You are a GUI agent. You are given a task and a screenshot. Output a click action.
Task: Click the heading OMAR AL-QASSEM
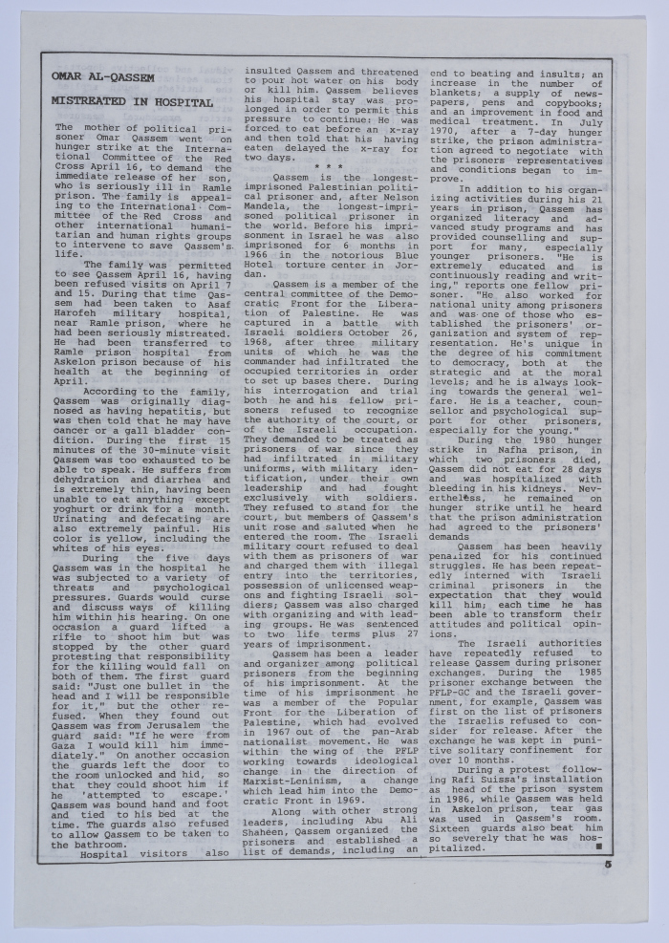[102, 76]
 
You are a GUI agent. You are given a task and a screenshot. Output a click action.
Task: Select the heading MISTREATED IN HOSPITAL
[132, 101]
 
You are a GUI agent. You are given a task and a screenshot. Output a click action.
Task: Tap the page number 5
[608, 865]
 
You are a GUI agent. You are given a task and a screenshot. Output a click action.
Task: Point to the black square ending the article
[598, 846]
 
